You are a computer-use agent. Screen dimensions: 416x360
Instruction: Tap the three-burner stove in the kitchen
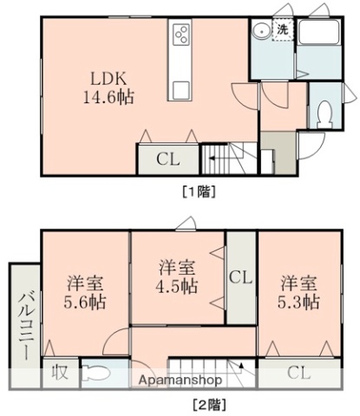[x=184, y=36]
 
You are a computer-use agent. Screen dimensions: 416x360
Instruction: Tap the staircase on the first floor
[x=231, y=159]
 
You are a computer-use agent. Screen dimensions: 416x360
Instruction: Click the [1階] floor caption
[x=198, y=191]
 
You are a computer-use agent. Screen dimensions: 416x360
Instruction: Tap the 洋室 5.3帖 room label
[x=299, y=291]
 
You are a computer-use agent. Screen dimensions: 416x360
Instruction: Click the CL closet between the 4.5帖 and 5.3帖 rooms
[x=241, y=276]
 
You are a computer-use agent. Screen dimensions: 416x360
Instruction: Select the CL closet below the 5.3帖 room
[x=298, y=374]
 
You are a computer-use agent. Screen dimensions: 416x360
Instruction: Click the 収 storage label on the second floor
[x=59, y=374]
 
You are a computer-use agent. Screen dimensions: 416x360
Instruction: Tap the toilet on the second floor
[x=99, y=375]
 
